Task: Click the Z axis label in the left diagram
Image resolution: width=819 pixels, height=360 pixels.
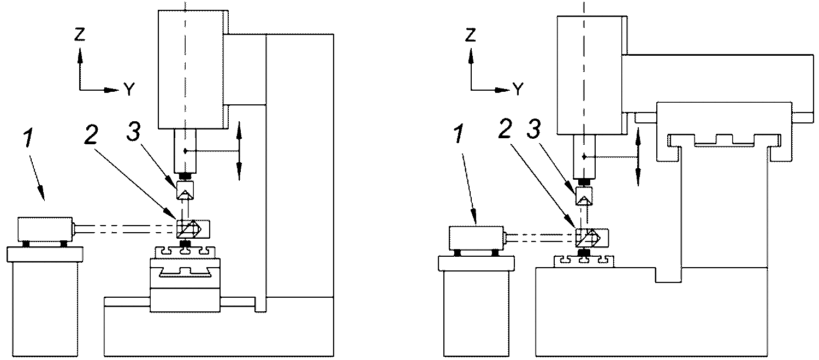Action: [80, 34]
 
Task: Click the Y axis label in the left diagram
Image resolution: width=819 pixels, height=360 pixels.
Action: [129, 89]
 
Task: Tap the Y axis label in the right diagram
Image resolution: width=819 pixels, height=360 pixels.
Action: [518, 88]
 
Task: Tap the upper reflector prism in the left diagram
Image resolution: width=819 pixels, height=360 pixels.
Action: [184, 191]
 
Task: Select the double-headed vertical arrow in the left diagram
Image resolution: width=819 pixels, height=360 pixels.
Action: [239, 151]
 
